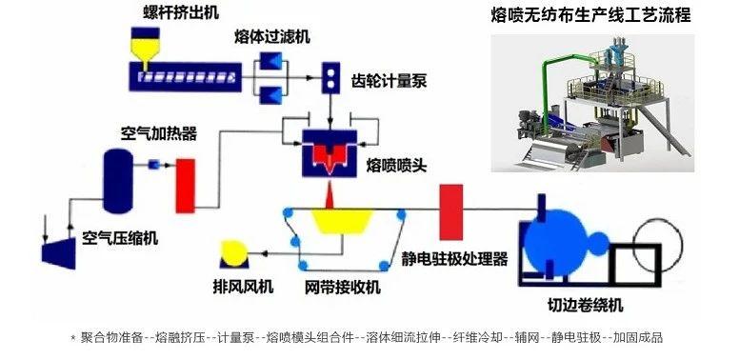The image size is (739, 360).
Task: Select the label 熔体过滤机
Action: coord(272,37)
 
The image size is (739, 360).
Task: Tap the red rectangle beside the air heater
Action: coord(185,182)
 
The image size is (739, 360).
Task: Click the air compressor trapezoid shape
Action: coord(61,249)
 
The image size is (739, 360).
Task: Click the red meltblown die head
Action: coord(329,155)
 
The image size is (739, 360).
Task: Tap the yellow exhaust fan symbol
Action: coord(231,252)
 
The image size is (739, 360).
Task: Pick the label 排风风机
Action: coord(242,286)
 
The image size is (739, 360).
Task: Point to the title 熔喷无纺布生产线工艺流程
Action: coord(589,16)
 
